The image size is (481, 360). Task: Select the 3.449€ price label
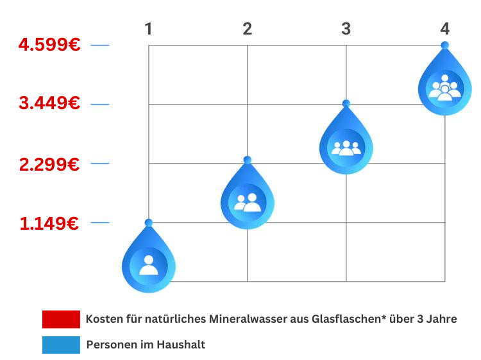[49, 103]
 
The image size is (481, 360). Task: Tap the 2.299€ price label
[49, 164]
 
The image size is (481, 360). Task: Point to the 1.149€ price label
[49, 223]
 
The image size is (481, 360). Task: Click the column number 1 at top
[148, 29]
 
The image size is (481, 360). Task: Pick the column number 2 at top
[248, 29]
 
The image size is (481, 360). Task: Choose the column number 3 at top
[346, 29]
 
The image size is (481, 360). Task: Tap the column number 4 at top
[445, 29]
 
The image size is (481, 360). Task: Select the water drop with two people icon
[248, 200]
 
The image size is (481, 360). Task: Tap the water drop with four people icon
[445, 85]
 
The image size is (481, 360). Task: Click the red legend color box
[61, 319]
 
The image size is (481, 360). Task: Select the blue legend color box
[61, 345]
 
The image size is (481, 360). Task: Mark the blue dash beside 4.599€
[100, 45]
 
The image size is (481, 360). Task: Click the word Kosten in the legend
[103, 319]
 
